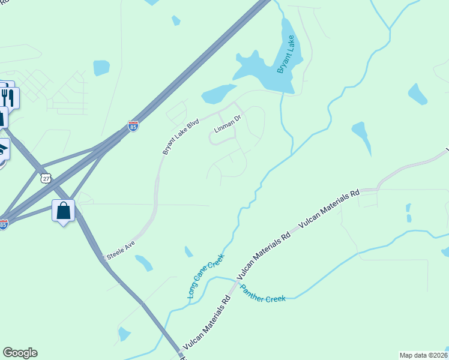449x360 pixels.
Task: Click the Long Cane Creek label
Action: pos(205,276)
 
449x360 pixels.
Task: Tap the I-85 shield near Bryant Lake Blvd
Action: pos(133,127)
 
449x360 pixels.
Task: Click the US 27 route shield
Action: pos(46,178)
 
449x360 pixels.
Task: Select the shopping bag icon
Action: pos(64,211)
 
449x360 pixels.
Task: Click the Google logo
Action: pos(20,353)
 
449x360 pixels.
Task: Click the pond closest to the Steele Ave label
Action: pos(144,262)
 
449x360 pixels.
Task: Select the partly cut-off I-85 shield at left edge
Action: pos(3,224)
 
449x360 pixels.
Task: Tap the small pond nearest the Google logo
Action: pos(124,334)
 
